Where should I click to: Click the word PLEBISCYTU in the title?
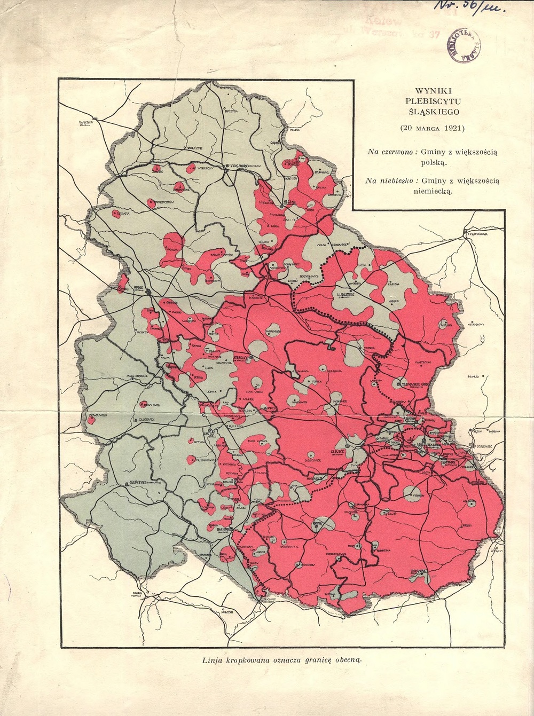(x=432, y=101)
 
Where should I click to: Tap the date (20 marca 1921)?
(x=433, y=128)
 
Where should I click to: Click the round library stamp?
(x=463, y=45)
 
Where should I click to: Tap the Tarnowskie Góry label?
(x=413, y=383)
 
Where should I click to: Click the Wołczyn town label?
(x=193, y=147)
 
